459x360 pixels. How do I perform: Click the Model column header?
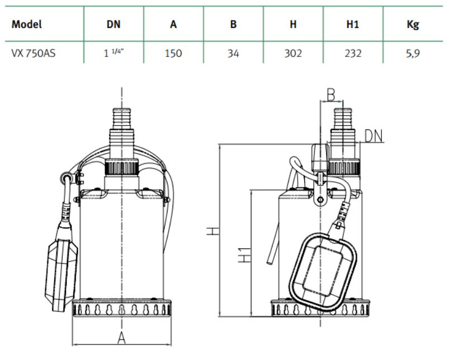pyautogui.click(x=27, y=24)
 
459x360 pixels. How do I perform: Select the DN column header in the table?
pyautogui.click(x=113, y=24)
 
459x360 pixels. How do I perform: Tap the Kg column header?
pyautogui.click(x=413, y=25)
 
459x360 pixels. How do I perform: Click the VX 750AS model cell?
pyautogui.click(x=34, y=53)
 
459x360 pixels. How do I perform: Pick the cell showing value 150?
pyautogui.click(x=173, y=53)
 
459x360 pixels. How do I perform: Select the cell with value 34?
pyautogui.click(x=233, y=53)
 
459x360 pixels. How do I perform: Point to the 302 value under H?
pyautogui.click(x=293, y=53)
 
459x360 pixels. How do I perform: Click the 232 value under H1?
pyautogui.click(x=353, y=53)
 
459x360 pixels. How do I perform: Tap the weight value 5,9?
pyautogui.click(x=413, y=54)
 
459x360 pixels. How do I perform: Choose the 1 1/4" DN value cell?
pyautogui.click(x=114, y=52)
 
